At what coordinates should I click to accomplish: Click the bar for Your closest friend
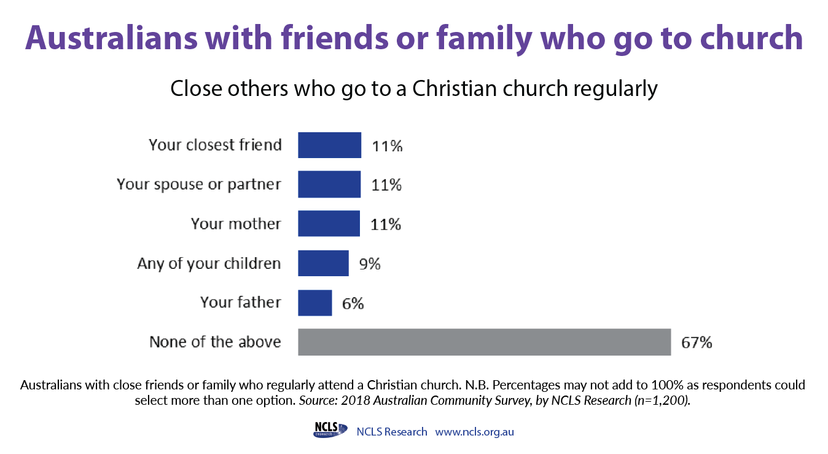[329, 145]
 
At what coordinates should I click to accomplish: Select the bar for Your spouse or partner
[329, 184]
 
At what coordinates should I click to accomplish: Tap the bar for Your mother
[329, 223]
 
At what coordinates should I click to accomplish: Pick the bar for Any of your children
[324, 263]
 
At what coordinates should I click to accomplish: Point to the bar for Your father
[315, 303]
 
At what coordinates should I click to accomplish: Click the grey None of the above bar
[485, 342]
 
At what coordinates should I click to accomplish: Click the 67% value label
[697, 343]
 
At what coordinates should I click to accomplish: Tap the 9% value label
[370, 264]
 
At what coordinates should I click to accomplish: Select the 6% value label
[353, 304]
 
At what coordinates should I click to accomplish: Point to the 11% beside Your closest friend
[387, 146]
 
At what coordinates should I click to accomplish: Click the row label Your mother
[236, 224]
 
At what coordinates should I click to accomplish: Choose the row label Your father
[241, 302]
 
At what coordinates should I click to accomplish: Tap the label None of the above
[215, 341]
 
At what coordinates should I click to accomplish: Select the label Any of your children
[209, 264]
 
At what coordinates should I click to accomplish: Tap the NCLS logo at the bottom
[330, 429]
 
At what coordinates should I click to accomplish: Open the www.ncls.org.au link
[474, 432]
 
